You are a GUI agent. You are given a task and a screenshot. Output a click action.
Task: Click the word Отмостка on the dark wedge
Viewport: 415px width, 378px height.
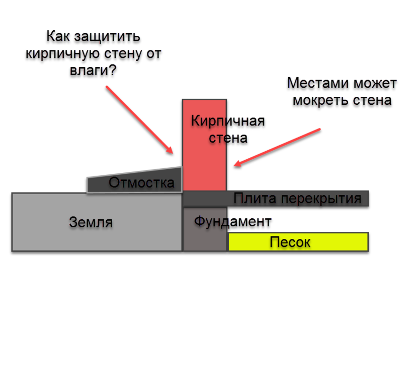point(141,183)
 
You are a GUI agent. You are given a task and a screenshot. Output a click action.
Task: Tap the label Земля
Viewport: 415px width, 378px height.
point(91,222)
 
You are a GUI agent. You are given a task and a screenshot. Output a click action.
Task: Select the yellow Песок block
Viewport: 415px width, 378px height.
point(298,242)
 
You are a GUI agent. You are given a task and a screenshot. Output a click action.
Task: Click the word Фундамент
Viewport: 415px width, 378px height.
point(233,221)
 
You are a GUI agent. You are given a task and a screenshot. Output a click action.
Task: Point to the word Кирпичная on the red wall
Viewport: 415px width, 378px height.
point(228,121)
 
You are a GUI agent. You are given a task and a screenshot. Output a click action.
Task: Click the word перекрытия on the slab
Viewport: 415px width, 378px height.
point(321,199)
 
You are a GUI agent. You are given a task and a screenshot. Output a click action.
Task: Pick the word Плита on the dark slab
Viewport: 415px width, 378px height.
point(255,198)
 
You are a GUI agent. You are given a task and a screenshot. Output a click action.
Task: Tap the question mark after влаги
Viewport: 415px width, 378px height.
point(113,70)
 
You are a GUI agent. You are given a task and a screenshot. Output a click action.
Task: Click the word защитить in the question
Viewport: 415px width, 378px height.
point(107,36)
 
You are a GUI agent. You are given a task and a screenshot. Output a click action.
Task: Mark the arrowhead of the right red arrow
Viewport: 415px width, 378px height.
point(237,164)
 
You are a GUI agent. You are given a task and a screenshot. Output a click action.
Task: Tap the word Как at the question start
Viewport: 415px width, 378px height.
point(58,36)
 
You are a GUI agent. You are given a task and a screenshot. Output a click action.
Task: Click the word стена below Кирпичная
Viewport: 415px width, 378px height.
point(228,138)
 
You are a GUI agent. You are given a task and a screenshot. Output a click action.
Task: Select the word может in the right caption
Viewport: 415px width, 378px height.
point(375,83)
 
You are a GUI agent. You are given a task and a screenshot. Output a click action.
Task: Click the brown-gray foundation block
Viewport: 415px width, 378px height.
point(205,229)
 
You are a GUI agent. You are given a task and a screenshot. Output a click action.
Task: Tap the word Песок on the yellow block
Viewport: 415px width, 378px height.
point(290,242)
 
